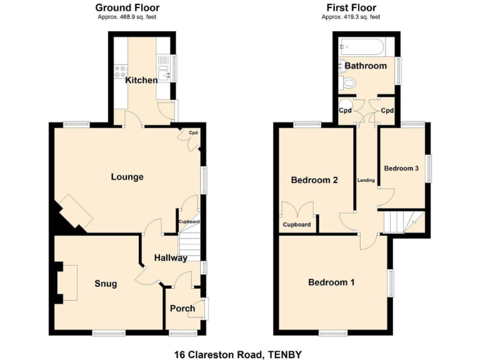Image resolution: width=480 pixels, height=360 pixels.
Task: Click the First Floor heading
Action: [x=351, y=7]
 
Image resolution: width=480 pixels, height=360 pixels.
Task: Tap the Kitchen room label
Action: [x=141, y=80]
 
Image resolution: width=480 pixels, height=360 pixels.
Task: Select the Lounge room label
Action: [x=127, y=177]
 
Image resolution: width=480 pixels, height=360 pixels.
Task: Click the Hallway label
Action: [x=171, y=257]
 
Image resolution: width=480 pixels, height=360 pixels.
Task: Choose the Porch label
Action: [x=182, y=308]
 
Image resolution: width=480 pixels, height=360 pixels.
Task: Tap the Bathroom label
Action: [x=366, y=66]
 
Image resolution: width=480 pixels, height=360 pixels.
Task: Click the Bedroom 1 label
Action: [x=331, y=282]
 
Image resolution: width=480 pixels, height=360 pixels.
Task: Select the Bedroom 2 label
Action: [x=314, y=180]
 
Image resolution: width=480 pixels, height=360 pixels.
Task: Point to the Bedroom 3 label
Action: [x=401, y=168]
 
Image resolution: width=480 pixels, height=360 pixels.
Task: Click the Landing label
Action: [x=366, y=181]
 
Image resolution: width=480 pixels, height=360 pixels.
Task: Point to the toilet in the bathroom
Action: [x=348, y=82]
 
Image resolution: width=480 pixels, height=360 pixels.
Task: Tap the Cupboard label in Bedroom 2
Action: [x=297, y=224]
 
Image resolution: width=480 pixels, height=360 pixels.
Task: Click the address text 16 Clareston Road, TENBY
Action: [x=237, y=354]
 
